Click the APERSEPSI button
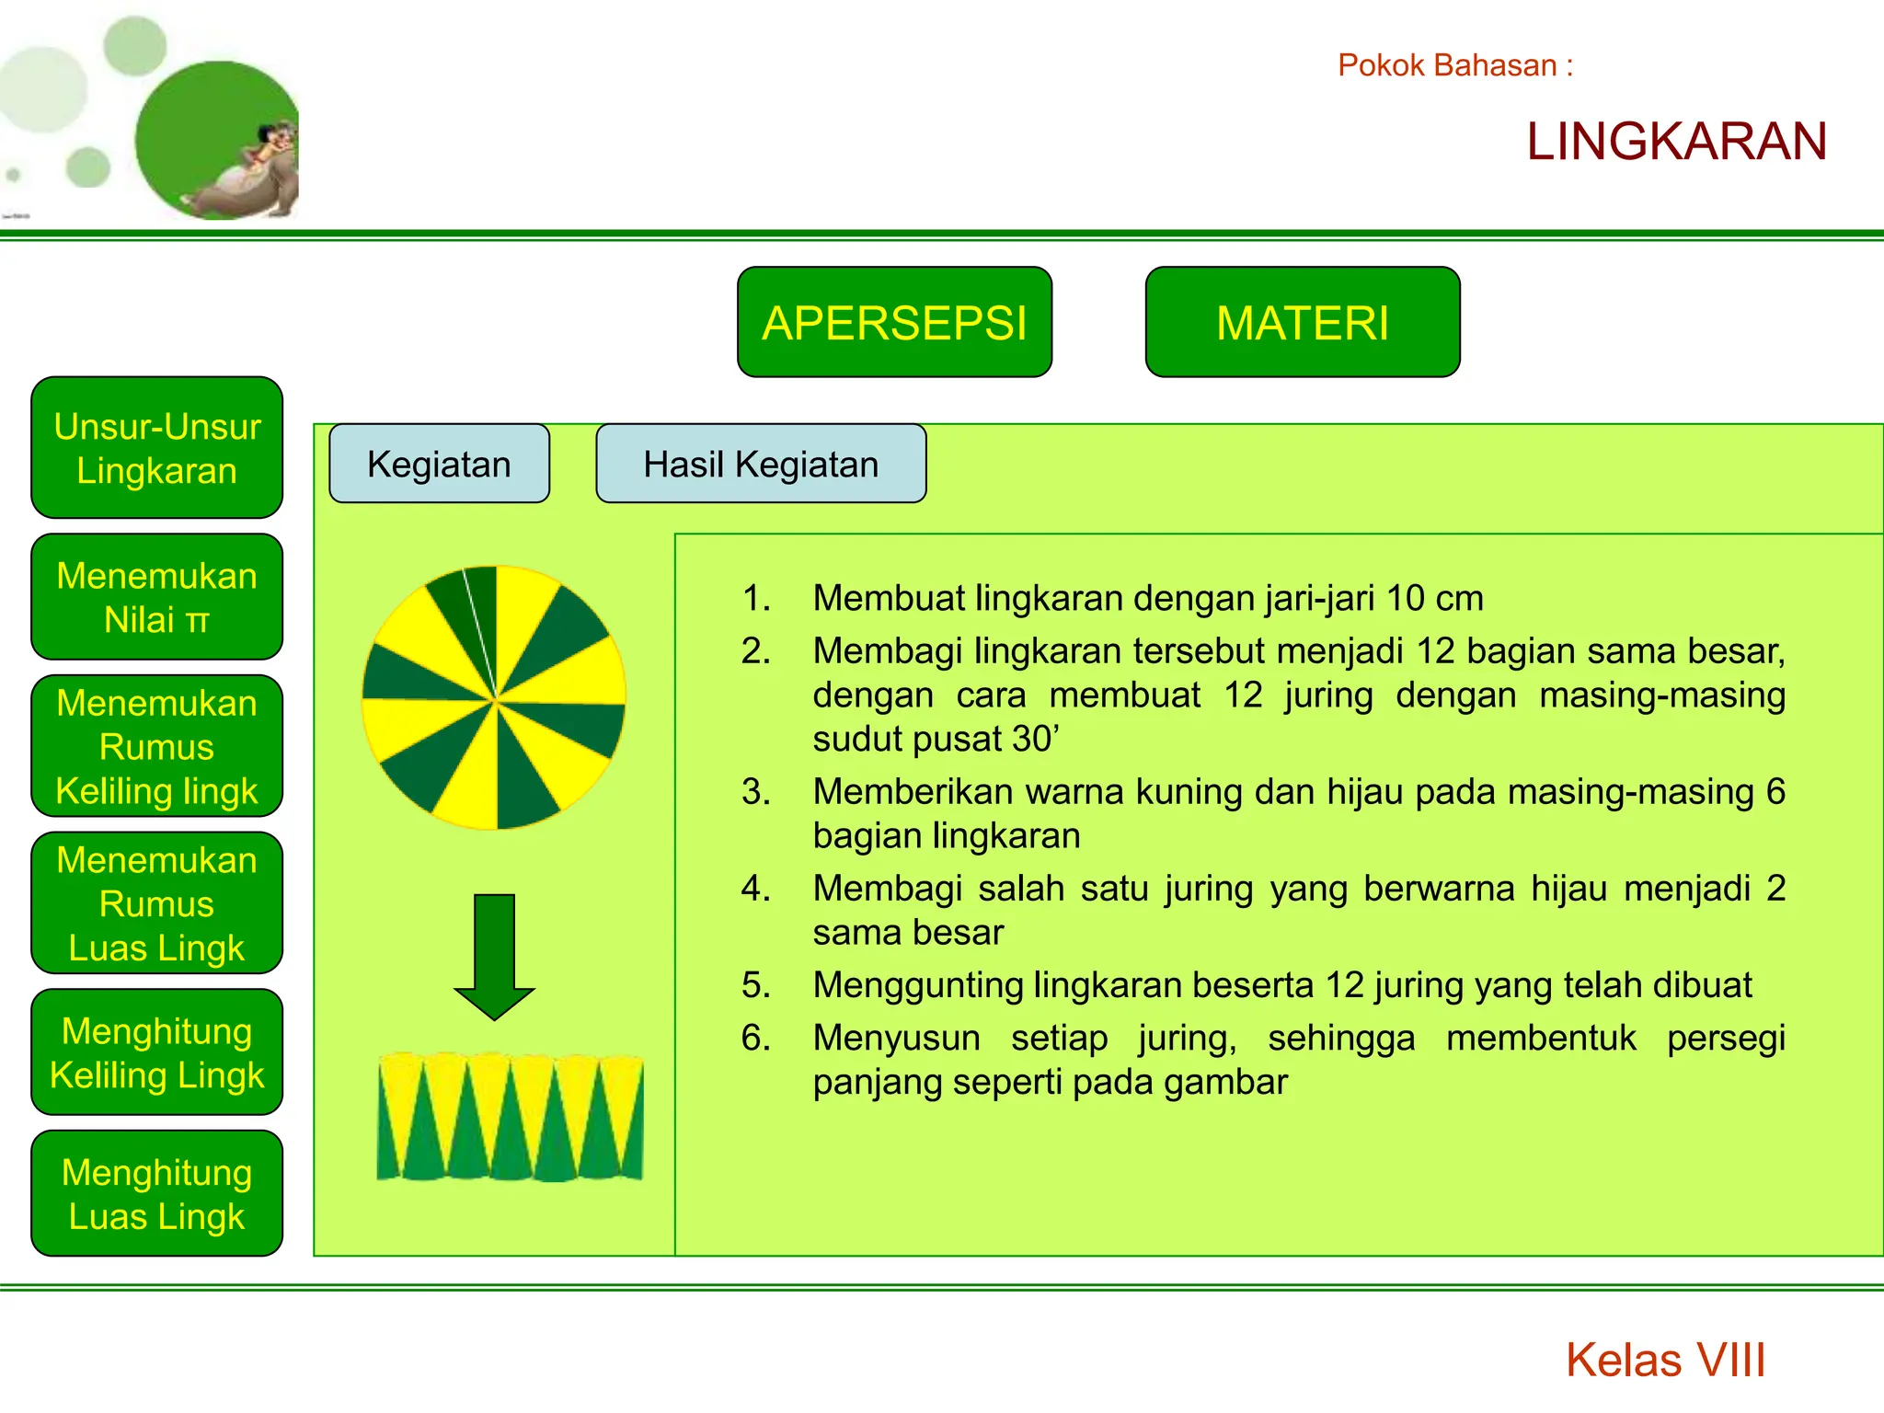pyautogui.click(x=894, y=322)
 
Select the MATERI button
pyautogui.click(x=1302, y=322)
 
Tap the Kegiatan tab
pyautogui.click(x=439, y=464)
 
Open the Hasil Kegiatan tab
pyautogui.click(x=761, y=464)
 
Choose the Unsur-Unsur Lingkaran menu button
pyautogui.click(x=156, y=448)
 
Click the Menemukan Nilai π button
pyautogui.click(x=156, y=597)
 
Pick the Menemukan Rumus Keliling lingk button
pyautogui.click(x=156, y=746)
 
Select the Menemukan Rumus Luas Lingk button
pyautogui.click(x=156, y=903)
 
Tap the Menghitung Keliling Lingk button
pyautogui.click(x=156, y=1052)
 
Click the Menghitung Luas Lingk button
pyautogui.click(x=156, y=1193)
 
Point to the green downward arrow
pyautogui.click(x=495, y=957)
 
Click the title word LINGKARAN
pyautogui.click(x=1676, y=142)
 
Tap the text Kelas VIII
pyautogui.click(x=1665, y=1360)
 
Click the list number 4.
pyautogui.click(x=755, y=889)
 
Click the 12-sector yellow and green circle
pyautogui.click(x=494, y=698)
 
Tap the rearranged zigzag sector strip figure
pyautogui.click(x=510, y=1118)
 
